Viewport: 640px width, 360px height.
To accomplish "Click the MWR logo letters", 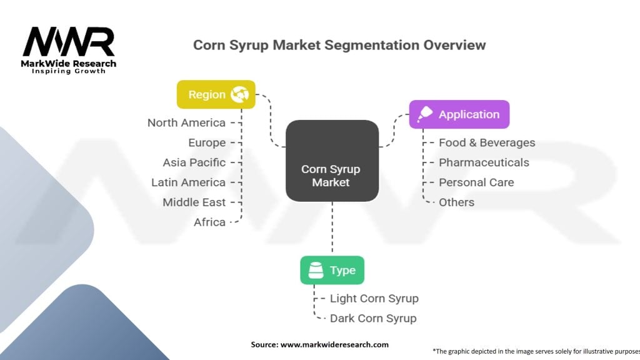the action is click(x=69, y=42).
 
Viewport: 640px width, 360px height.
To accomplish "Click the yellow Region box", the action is click(x=216, y=94).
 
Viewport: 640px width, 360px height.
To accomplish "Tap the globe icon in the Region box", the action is click(x=239, y=94).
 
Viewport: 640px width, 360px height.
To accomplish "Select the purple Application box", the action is click(x=459, y=114).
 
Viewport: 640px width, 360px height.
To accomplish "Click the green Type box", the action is click(x=332, y=270).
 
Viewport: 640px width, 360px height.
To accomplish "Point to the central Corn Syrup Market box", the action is click(x=332, y=161).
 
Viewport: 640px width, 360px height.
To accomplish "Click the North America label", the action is click(x=186, y=122).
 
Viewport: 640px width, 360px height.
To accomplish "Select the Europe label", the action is click(x=207, y=143).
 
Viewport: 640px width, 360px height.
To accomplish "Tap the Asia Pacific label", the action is click(x=194, y=162).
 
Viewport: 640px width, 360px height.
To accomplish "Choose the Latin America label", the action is click(x=189, y=182).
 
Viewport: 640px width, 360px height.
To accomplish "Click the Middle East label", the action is click(x=194, y=202).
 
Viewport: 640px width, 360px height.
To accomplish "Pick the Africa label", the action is click(x=210, y=222).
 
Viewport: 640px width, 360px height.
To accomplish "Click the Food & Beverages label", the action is click(x=487, y=142).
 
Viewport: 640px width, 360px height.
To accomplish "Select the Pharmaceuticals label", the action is click(x=484, y=162).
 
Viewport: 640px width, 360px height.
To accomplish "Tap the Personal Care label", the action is click(x=476, y=182).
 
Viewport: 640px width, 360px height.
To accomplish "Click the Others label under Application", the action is click(x=457, y=202).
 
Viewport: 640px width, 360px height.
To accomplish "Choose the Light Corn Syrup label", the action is click(x=374, y=299).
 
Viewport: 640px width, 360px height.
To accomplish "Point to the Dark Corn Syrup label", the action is click(x=373, y=318).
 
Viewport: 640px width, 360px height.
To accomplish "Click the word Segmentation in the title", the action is click(x=371, y=45).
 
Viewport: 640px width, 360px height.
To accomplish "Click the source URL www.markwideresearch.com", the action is click(x=334, y=344).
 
